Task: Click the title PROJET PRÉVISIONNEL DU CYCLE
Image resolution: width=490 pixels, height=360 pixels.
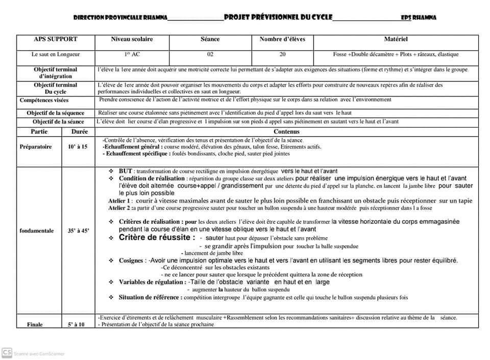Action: (x=278, y=17)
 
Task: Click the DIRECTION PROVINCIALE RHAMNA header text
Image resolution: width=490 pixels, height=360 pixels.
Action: (x=120, y=17)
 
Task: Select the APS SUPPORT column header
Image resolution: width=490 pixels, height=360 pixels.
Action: (x=56, y=39)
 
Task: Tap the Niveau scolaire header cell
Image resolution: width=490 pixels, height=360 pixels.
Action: (x=132, y=39)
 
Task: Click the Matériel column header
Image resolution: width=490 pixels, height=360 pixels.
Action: (x=396, y=39)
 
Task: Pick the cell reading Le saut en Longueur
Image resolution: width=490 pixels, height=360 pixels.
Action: (x=56, y=54)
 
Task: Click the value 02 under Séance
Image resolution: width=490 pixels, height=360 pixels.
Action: (x=210, y=54)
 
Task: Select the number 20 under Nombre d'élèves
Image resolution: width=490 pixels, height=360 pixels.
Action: (x=282, y=54)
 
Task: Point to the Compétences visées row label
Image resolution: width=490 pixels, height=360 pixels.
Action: (x=44, y=100)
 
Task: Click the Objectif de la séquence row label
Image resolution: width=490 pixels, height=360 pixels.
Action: (x=56, y=113)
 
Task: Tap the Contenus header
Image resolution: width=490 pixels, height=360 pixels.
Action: (x=286, y=132)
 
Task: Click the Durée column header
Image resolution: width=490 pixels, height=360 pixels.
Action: (x=78, y=132)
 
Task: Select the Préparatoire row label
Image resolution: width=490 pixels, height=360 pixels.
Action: (x=36, y=147)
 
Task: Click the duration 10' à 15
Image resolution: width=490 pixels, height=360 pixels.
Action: (x=78, y=147)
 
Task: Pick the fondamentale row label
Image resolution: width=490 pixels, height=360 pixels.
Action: (x=37, y=231)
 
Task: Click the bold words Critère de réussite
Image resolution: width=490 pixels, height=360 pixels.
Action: (x=157, y=238)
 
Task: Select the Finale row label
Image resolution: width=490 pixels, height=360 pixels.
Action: (x=35, y=324)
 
